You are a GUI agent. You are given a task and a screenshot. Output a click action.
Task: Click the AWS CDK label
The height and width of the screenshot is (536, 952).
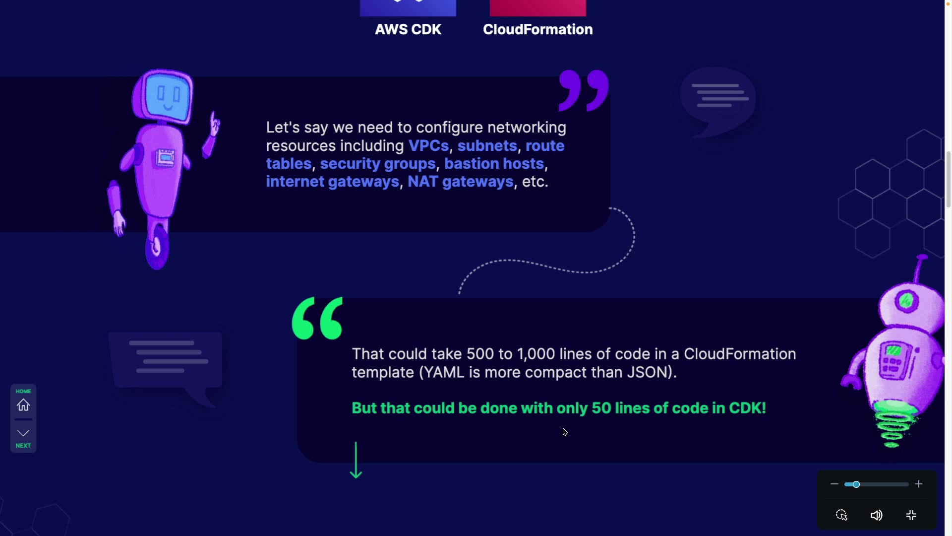408,29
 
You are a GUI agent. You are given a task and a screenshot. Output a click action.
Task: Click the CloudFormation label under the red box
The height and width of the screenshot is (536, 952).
537,29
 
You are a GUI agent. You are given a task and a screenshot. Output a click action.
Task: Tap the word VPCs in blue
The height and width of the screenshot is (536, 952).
428,146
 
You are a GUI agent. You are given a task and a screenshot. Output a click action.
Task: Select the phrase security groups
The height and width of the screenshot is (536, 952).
377,164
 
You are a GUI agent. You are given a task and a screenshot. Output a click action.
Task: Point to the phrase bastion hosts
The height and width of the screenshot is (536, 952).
494,164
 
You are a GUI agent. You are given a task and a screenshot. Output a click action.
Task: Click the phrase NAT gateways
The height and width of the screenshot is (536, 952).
460,182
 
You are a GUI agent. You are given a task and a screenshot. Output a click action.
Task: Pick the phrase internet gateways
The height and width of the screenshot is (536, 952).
332,182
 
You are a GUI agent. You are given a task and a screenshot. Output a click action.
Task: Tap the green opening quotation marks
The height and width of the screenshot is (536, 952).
317,318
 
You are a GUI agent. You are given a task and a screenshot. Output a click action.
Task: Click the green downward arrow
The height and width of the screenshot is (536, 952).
356,461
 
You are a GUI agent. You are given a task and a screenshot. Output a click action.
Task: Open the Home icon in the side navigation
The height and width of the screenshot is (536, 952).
23,405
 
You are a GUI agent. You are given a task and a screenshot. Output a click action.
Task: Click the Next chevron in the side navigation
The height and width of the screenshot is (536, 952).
23,433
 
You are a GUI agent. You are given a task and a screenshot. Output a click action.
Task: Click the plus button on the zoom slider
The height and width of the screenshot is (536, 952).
919,484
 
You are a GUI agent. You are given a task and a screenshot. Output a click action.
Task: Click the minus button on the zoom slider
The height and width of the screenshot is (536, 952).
834,484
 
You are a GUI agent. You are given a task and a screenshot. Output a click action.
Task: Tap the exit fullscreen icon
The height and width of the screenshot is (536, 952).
911,515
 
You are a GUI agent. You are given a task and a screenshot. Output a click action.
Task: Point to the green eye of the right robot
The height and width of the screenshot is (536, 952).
906,300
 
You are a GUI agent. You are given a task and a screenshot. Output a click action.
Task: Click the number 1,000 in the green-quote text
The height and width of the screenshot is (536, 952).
535,354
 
